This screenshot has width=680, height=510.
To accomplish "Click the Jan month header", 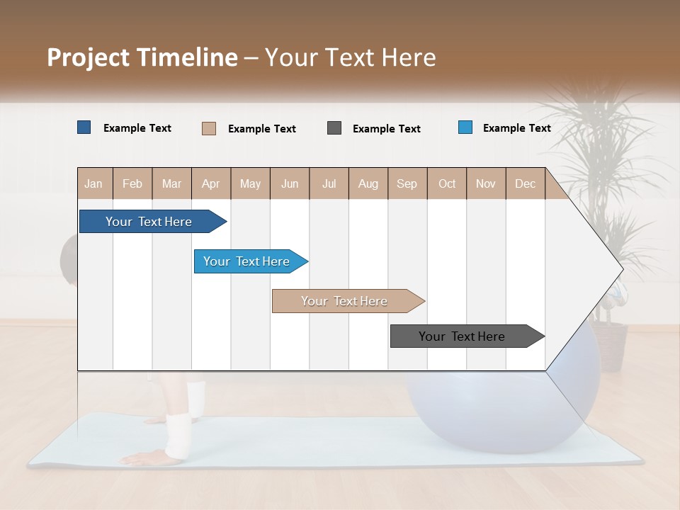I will pyautogui.click(x=93, y=183).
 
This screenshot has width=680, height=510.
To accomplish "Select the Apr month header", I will pyautogui.click(x=210, y=183).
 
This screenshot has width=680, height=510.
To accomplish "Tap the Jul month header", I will pyautogui.click(x=329, y=183).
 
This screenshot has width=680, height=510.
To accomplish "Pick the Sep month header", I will pyautogui.click(x=407, y=183).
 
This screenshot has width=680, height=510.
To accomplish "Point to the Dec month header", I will pyautogui.click(x=525, y=183).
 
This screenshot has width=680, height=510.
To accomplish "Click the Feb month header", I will pyautogui.click(x=132, y=183).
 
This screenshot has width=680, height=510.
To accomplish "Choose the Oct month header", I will pyautogui.click(x=447, y=183).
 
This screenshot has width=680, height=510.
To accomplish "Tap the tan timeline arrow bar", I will pyautogui.click(x=346, y=301).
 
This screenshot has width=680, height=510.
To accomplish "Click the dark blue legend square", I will pyautogui.click(x=84, y=127).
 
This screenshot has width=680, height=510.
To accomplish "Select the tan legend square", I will pyautogui.click(x=209, y=128).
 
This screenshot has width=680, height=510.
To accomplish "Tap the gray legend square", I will pyautogui.click(x=334, y=128).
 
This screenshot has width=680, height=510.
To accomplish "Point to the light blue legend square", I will pyautogui.click(x=465, y=127).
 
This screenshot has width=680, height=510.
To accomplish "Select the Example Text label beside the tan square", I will pyautogui.click(x=262, y=129).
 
